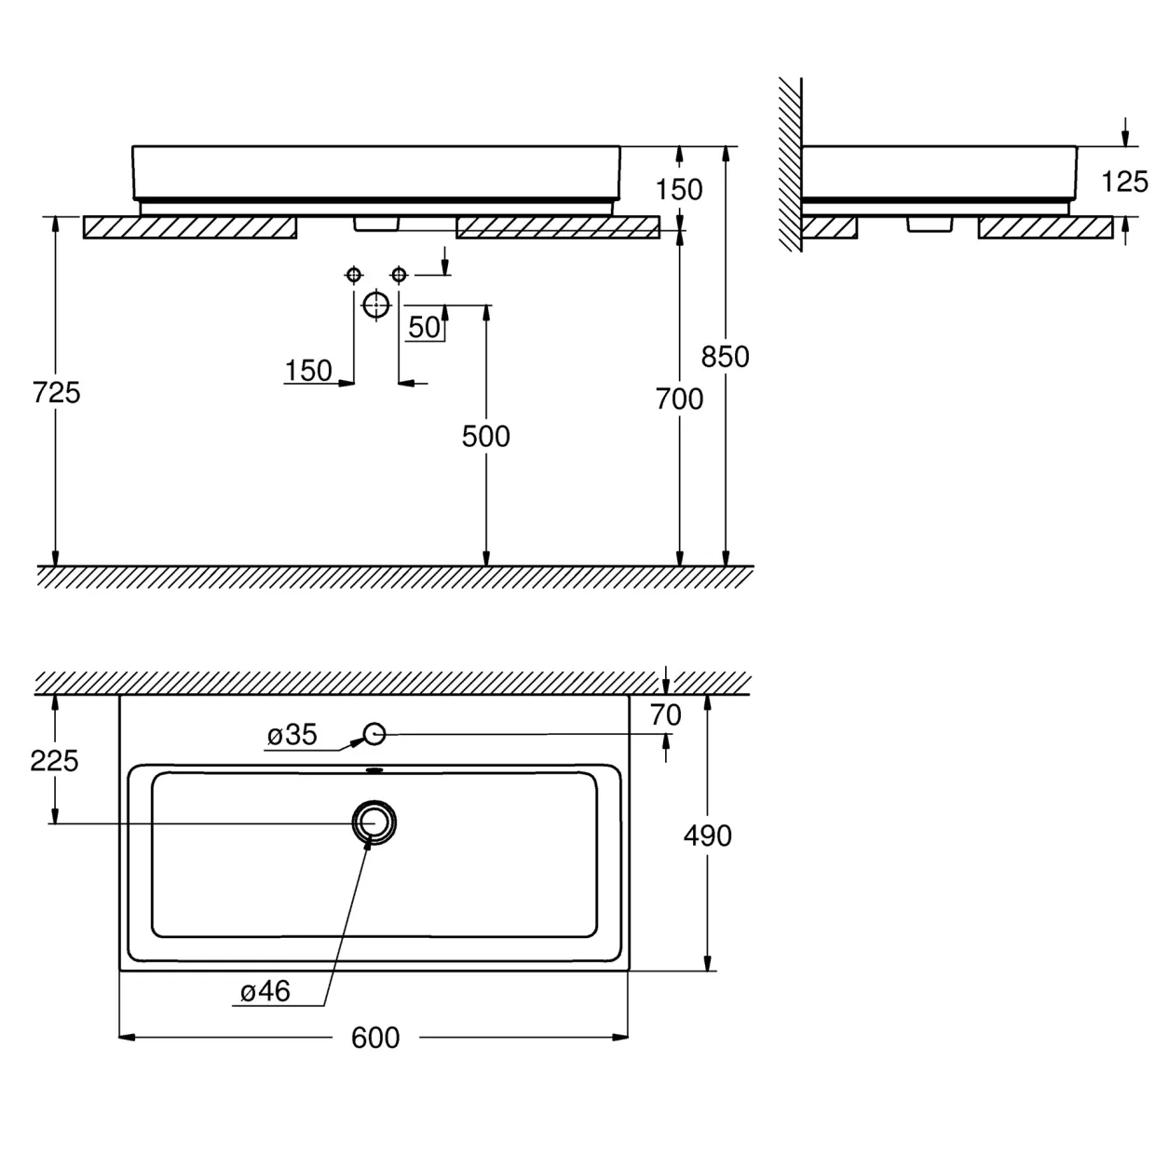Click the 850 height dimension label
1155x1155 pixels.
click(725, 357)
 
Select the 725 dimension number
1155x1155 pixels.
click(56, 393)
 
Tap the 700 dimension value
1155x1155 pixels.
click(679, 400)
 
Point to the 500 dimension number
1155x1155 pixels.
click(485, 436)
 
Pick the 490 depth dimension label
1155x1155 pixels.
click(707, 836)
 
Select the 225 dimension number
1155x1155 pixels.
click(55, 761)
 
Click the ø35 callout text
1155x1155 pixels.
click(292, 735)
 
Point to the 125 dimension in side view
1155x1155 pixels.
click(1124, 182)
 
